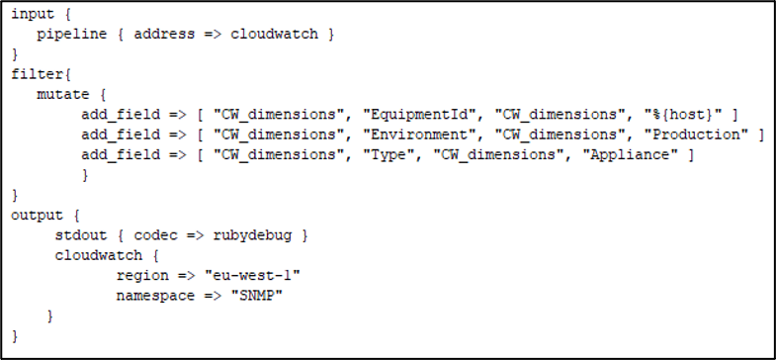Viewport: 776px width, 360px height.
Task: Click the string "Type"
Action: coord(393,155)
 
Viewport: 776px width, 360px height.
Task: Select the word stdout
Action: coord(81,235)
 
